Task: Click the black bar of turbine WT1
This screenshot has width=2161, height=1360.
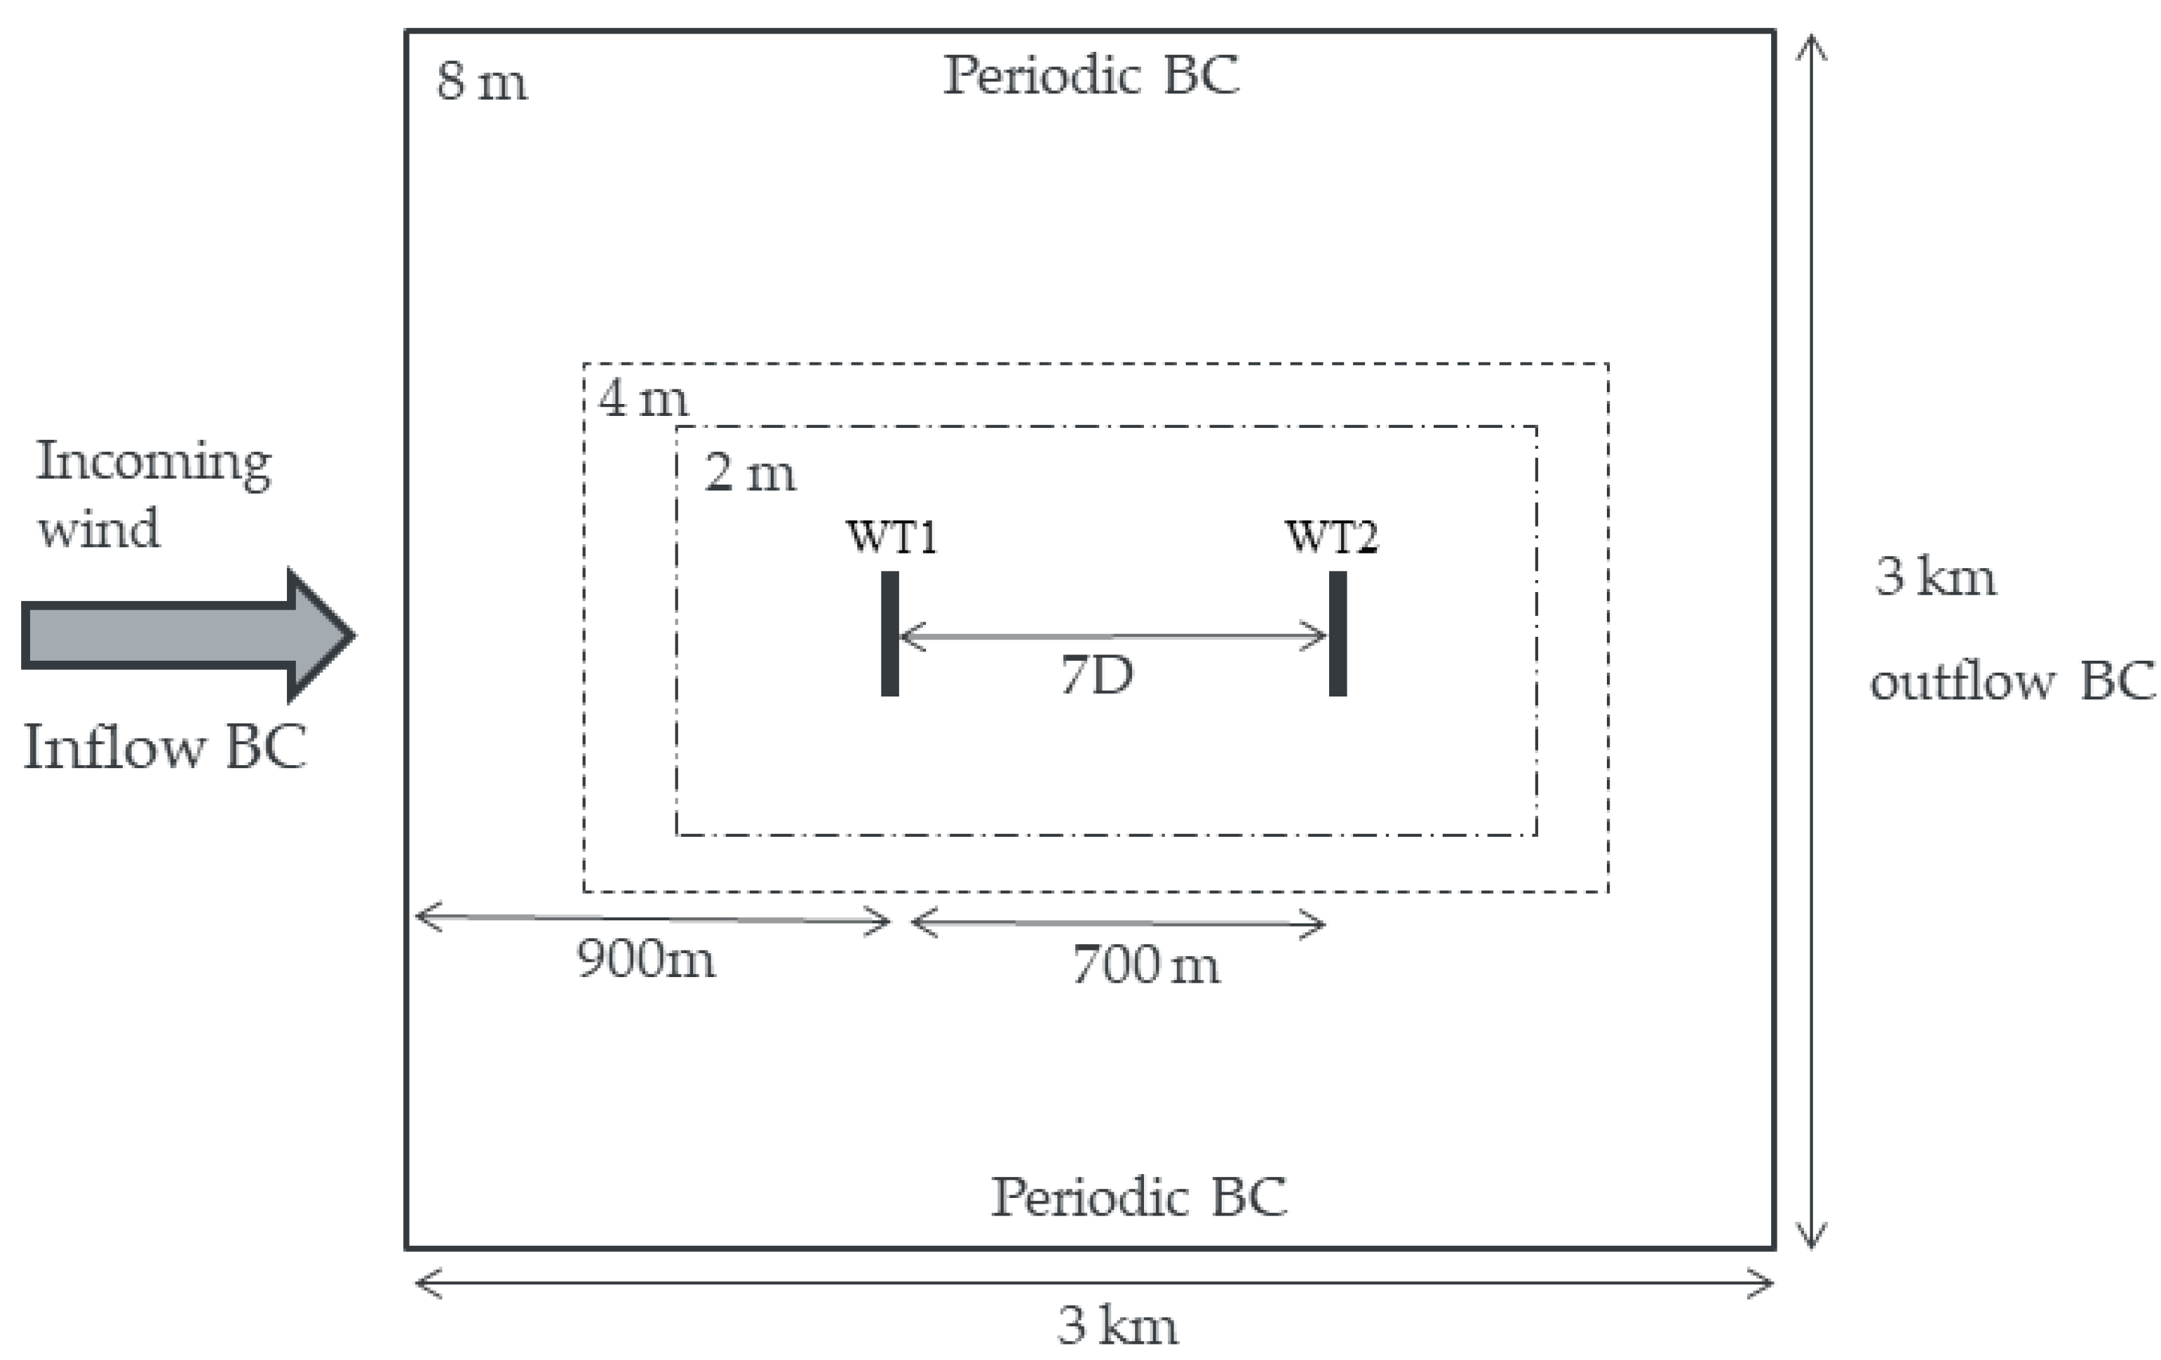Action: point(889,634)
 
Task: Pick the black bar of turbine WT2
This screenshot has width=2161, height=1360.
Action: point(1337,634)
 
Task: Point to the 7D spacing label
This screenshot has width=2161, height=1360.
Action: point(1097,676)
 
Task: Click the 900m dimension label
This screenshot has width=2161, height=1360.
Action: point(646,960)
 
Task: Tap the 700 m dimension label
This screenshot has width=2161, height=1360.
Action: point(1146,966)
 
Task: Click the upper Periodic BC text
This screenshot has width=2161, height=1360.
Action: point(1091,76)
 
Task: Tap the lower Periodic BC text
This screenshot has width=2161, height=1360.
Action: point(1138,1197)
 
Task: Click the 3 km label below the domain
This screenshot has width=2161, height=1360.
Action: point(1117,1326)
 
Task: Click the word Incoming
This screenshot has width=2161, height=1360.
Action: point(154,463)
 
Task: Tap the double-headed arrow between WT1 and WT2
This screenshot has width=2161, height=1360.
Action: point(1113,636)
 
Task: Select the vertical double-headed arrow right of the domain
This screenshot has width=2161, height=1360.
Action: point(1812,641)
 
